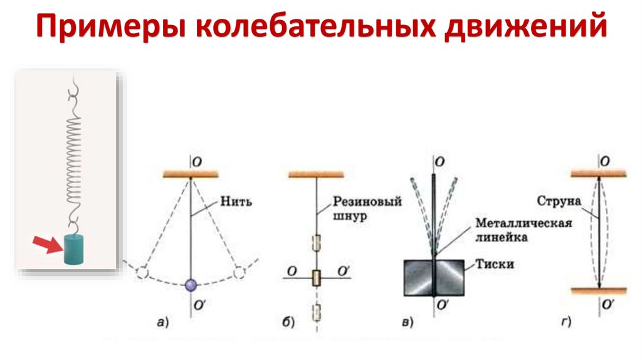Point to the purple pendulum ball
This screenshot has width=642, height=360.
pos(191,285)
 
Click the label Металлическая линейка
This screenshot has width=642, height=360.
pos(523,230)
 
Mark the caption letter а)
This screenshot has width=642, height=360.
pos(162,323)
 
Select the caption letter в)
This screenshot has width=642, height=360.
pos(407,323)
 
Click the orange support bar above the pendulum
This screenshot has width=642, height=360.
pos(190,174)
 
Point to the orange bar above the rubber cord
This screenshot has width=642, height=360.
pos(317,174)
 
